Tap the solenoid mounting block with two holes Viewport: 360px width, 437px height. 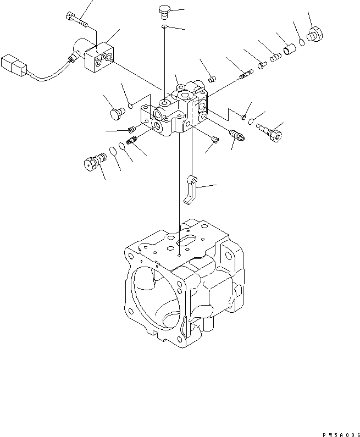coord(100,58)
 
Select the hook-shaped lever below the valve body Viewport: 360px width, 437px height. coord(190,190)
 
